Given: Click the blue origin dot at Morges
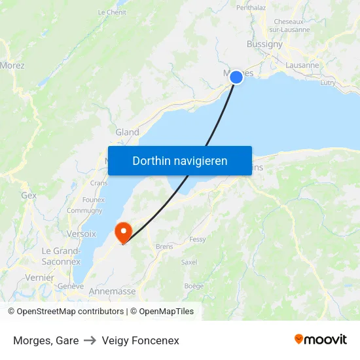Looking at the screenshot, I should pyautogui.click(x=236, y=77).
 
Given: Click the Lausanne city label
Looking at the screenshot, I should pyautogui.click(x=302, y=65).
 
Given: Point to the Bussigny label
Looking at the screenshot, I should pyautogui.click(x=264, y=45).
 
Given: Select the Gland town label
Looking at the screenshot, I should pyautogui.click(x=127, y=132).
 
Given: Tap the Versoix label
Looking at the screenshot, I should pyautogui.click(x=81, y=234).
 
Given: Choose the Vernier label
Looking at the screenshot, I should pyautogui.click(x=40, y=278).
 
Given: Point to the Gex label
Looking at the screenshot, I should pyautogui.click(x=29, y=195).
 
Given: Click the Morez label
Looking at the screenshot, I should pyautogui.click(x=12, y=65).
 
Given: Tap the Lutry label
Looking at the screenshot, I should pyautogui.click(x=328, y=83).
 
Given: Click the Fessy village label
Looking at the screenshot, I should pyautogui.click(x=197, y=240).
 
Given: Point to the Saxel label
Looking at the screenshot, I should pyautogui.click(x=189, y=262).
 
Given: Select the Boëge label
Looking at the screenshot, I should pyautogui.click(x=194, y=285).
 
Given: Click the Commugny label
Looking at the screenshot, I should pyautogui.click(x=84, y=211).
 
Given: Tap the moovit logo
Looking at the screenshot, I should pyautogui.click(x=321, y=340).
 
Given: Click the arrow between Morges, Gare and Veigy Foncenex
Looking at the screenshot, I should pyautogui.click(x=90, y=340).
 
